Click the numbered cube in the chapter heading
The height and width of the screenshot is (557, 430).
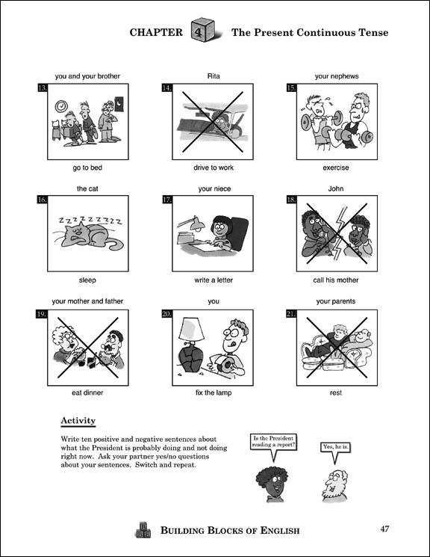coord(203,31)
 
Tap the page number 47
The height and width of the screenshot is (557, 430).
coord(384,529)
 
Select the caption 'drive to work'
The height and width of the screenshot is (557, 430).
coord(214,167)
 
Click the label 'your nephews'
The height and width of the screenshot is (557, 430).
coord(337,76)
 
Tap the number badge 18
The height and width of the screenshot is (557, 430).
coord(291,200)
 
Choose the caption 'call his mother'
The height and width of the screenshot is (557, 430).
coord(336,280)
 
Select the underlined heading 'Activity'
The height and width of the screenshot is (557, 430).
coord(78,421)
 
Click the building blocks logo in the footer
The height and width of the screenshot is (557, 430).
coord(143,529)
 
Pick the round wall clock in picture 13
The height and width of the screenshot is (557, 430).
coord(61,105)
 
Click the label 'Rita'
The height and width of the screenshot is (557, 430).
coord(214,76)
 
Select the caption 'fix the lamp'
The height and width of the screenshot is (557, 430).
coord(214,393)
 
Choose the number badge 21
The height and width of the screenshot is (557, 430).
coord(291,314)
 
